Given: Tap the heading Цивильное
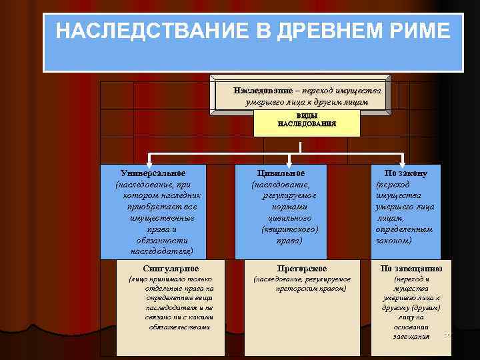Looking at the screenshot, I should pyautogui.click(x=285, y=173).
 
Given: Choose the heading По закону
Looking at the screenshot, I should pyautogui.click(x=406, y=173).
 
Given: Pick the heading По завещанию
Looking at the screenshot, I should pyautogui.click(x=411, y=269).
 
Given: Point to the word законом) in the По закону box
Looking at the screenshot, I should pyautogui.click(x=394, y=240).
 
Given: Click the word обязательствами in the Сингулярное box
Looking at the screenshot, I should pyautogui.click(x=180, y=327).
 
